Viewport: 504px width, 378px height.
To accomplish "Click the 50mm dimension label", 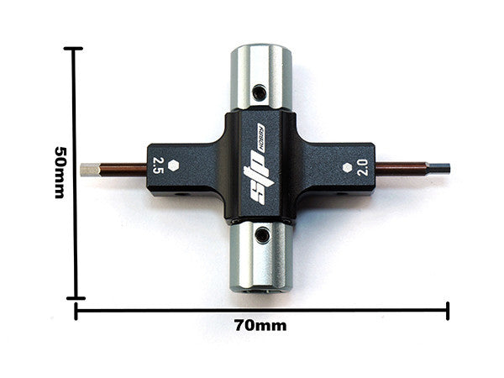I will coord(60,171).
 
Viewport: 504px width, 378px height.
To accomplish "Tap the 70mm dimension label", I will coord(260,325).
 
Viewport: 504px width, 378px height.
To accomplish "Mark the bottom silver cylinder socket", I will coord(261,256).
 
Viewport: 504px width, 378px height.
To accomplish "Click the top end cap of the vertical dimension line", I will coord(76,50).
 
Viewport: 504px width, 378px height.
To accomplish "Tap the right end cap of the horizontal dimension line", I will coord(448,311).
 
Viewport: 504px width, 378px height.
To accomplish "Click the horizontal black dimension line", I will coord(260,311).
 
